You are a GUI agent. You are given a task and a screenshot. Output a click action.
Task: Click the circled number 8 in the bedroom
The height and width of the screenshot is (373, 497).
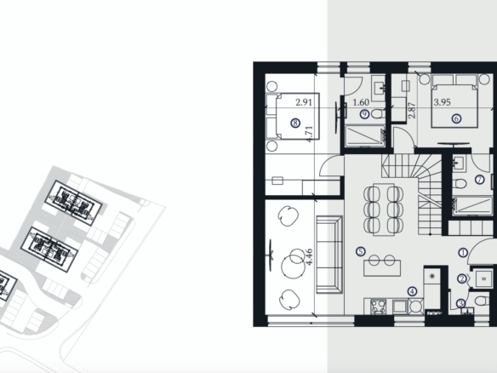pos(295,123)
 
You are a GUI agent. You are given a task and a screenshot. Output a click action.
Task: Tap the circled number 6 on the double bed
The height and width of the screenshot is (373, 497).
pos(456,118)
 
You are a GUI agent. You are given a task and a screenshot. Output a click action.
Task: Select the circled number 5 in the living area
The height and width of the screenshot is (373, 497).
pos(361,251)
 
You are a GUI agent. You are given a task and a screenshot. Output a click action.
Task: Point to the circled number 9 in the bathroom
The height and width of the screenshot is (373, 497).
pos(365,114)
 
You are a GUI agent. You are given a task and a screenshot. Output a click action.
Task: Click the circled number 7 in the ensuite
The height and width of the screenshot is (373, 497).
pos(480,180)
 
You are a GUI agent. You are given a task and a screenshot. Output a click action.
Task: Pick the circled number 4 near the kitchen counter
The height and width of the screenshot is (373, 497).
pos(412,291)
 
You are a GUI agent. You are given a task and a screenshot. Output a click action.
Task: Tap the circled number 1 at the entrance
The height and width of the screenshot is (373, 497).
pos(463,253)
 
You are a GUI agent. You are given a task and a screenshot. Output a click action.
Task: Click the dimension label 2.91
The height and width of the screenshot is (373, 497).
pos(304,102)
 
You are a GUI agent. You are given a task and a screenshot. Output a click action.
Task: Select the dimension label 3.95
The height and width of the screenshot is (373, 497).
pos(443,102)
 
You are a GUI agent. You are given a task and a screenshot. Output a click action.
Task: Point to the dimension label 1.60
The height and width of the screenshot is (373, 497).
pos(361,102)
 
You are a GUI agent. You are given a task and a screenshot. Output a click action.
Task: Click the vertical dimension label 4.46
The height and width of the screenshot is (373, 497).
pos(309,257)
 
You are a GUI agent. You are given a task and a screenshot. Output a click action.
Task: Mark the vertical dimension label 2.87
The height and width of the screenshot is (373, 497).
pos(412,111)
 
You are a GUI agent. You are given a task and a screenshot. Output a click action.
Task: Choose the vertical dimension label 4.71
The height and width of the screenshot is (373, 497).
pos(309,135)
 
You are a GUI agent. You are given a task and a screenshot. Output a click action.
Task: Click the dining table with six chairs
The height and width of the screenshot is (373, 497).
pos(384,209)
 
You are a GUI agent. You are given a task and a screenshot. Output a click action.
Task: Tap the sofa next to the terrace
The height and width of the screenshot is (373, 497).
pos(329,255)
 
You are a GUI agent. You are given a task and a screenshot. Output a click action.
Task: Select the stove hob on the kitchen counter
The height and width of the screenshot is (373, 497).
pos(379,307)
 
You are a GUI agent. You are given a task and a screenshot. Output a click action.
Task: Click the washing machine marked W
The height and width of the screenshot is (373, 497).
pos(483,279)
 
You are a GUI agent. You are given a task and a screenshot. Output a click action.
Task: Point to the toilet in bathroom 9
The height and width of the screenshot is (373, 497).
pos(377,113)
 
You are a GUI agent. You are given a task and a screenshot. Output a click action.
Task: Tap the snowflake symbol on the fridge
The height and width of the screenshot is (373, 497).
pos(431,276)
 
